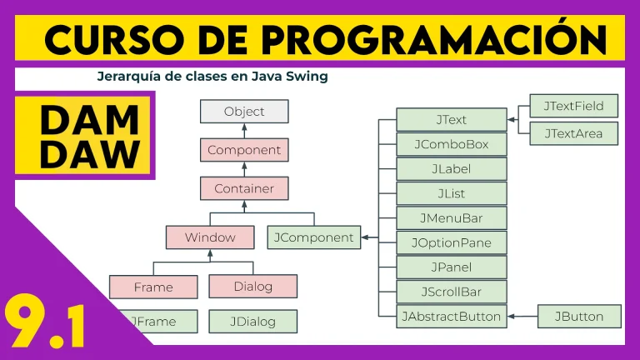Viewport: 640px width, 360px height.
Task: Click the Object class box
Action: coord(244,112)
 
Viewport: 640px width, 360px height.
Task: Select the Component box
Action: coord(244,150)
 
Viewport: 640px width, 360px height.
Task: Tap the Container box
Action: coord(244,188)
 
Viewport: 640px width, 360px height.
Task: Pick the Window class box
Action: coord(210,237)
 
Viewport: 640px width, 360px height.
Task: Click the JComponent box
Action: coord(314,237)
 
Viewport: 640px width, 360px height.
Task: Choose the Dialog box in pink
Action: coord(253,286)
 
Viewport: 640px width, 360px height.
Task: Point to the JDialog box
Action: coord(253,321)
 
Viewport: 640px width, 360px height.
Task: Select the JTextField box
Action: coord(574,106)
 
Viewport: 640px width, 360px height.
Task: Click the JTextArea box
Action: coord(574,133)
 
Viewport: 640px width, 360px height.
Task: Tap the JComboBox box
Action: coord(452,144)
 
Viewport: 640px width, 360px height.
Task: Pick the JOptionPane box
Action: coord(452,242)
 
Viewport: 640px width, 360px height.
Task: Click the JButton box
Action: coord(579,317)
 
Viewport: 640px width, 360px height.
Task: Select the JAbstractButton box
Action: coord(452,317)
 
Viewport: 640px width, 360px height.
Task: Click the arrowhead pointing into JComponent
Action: coord(364,237)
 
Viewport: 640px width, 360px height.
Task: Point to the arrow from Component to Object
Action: coord(244,131)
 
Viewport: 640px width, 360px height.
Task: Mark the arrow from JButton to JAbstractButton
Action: coord(522,317)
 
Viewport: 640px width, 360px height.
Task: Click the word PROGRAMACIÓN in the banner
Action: coord(434,39)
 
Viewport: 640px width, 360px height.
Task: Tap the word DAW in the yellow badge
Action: coord(90,154)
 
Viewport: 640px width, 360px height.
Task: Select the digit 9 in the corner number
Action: coord(25,321)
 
